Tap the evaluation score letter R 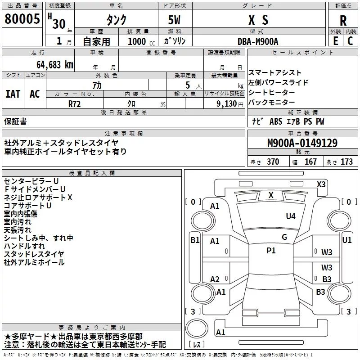(x=343, y=20)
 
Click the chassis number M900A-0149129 (x=302, y=144)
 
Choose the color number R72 (x=75, y=103)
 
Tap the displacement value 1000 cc (x=136, y=41)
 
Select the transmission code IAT (x=13, y=94)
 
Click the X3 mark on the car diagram (x=321, y=184)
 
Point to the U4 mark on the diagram (x=291, y=216)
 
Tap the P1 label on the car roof (x=271, y=251)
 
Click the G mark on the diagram (x=284, y=237)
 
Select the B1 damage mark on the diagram (x=194, y=240)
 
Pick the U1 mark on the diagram (x=347, y=240)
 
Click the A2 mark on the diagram (x=215, y=279)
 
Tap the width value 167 (x=310, y=162)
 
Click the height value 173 (x=346, y=162)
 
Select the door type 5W (x=175, y=20)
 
